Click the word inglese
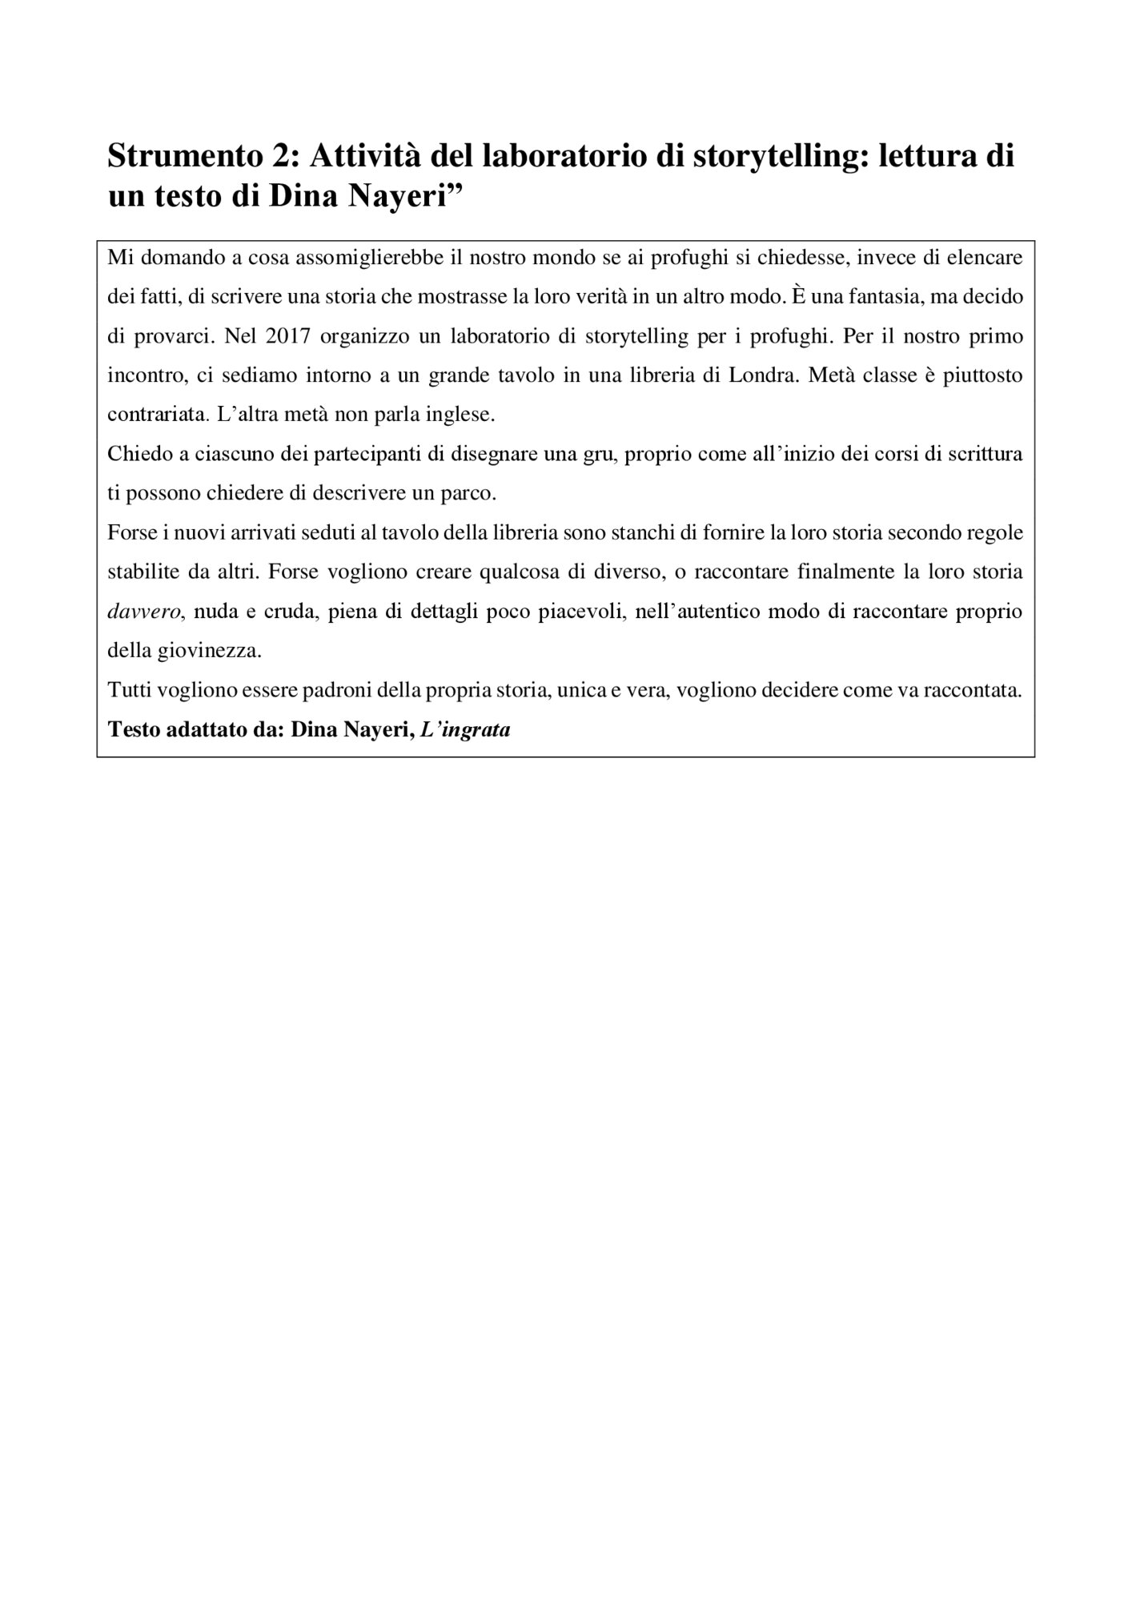463,415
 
